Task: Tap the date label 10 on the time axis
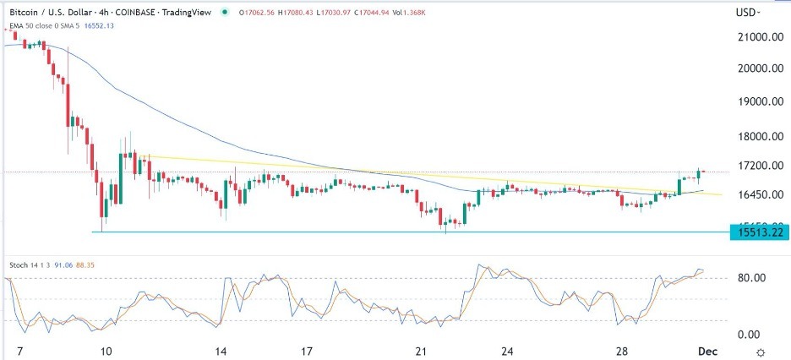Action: tap(106, 351)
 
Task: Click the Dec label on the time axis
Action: tap(706, 351)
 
